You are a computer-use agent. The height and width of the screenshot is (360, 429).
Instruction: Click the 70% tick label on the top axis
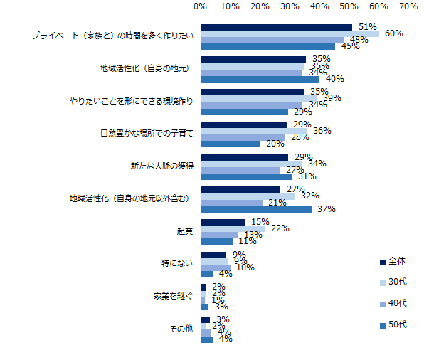[408, 6]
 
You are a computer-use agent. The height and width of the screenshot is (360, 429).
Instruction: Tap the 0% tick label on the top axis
[201, 6]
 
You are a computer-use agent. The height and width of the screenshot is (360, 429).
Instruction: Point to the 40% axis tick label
[319, 6]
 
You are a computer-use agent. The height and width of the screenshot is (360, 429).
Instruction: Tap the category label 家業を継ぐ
[174, 295]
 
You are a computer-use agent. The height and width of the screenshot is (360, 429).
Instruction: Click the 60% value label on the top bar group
[394, 33]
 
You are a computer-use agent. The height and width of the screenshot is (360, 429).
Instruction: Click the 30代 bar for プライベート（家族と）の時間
[300, 33]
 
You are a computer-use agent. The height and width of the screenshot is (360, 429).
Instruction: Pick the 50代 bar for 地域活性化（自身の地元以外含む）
[256, 209]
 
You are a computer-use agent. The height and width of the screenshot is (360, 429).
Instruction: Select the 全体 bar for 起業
[223, 222]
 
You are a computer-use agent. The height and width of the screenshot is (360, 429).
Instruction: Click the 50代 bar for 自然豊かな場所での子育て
[231, 144]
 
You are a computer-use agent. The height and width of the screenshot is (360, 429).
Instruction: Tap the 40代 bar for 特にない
[216, 268]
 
